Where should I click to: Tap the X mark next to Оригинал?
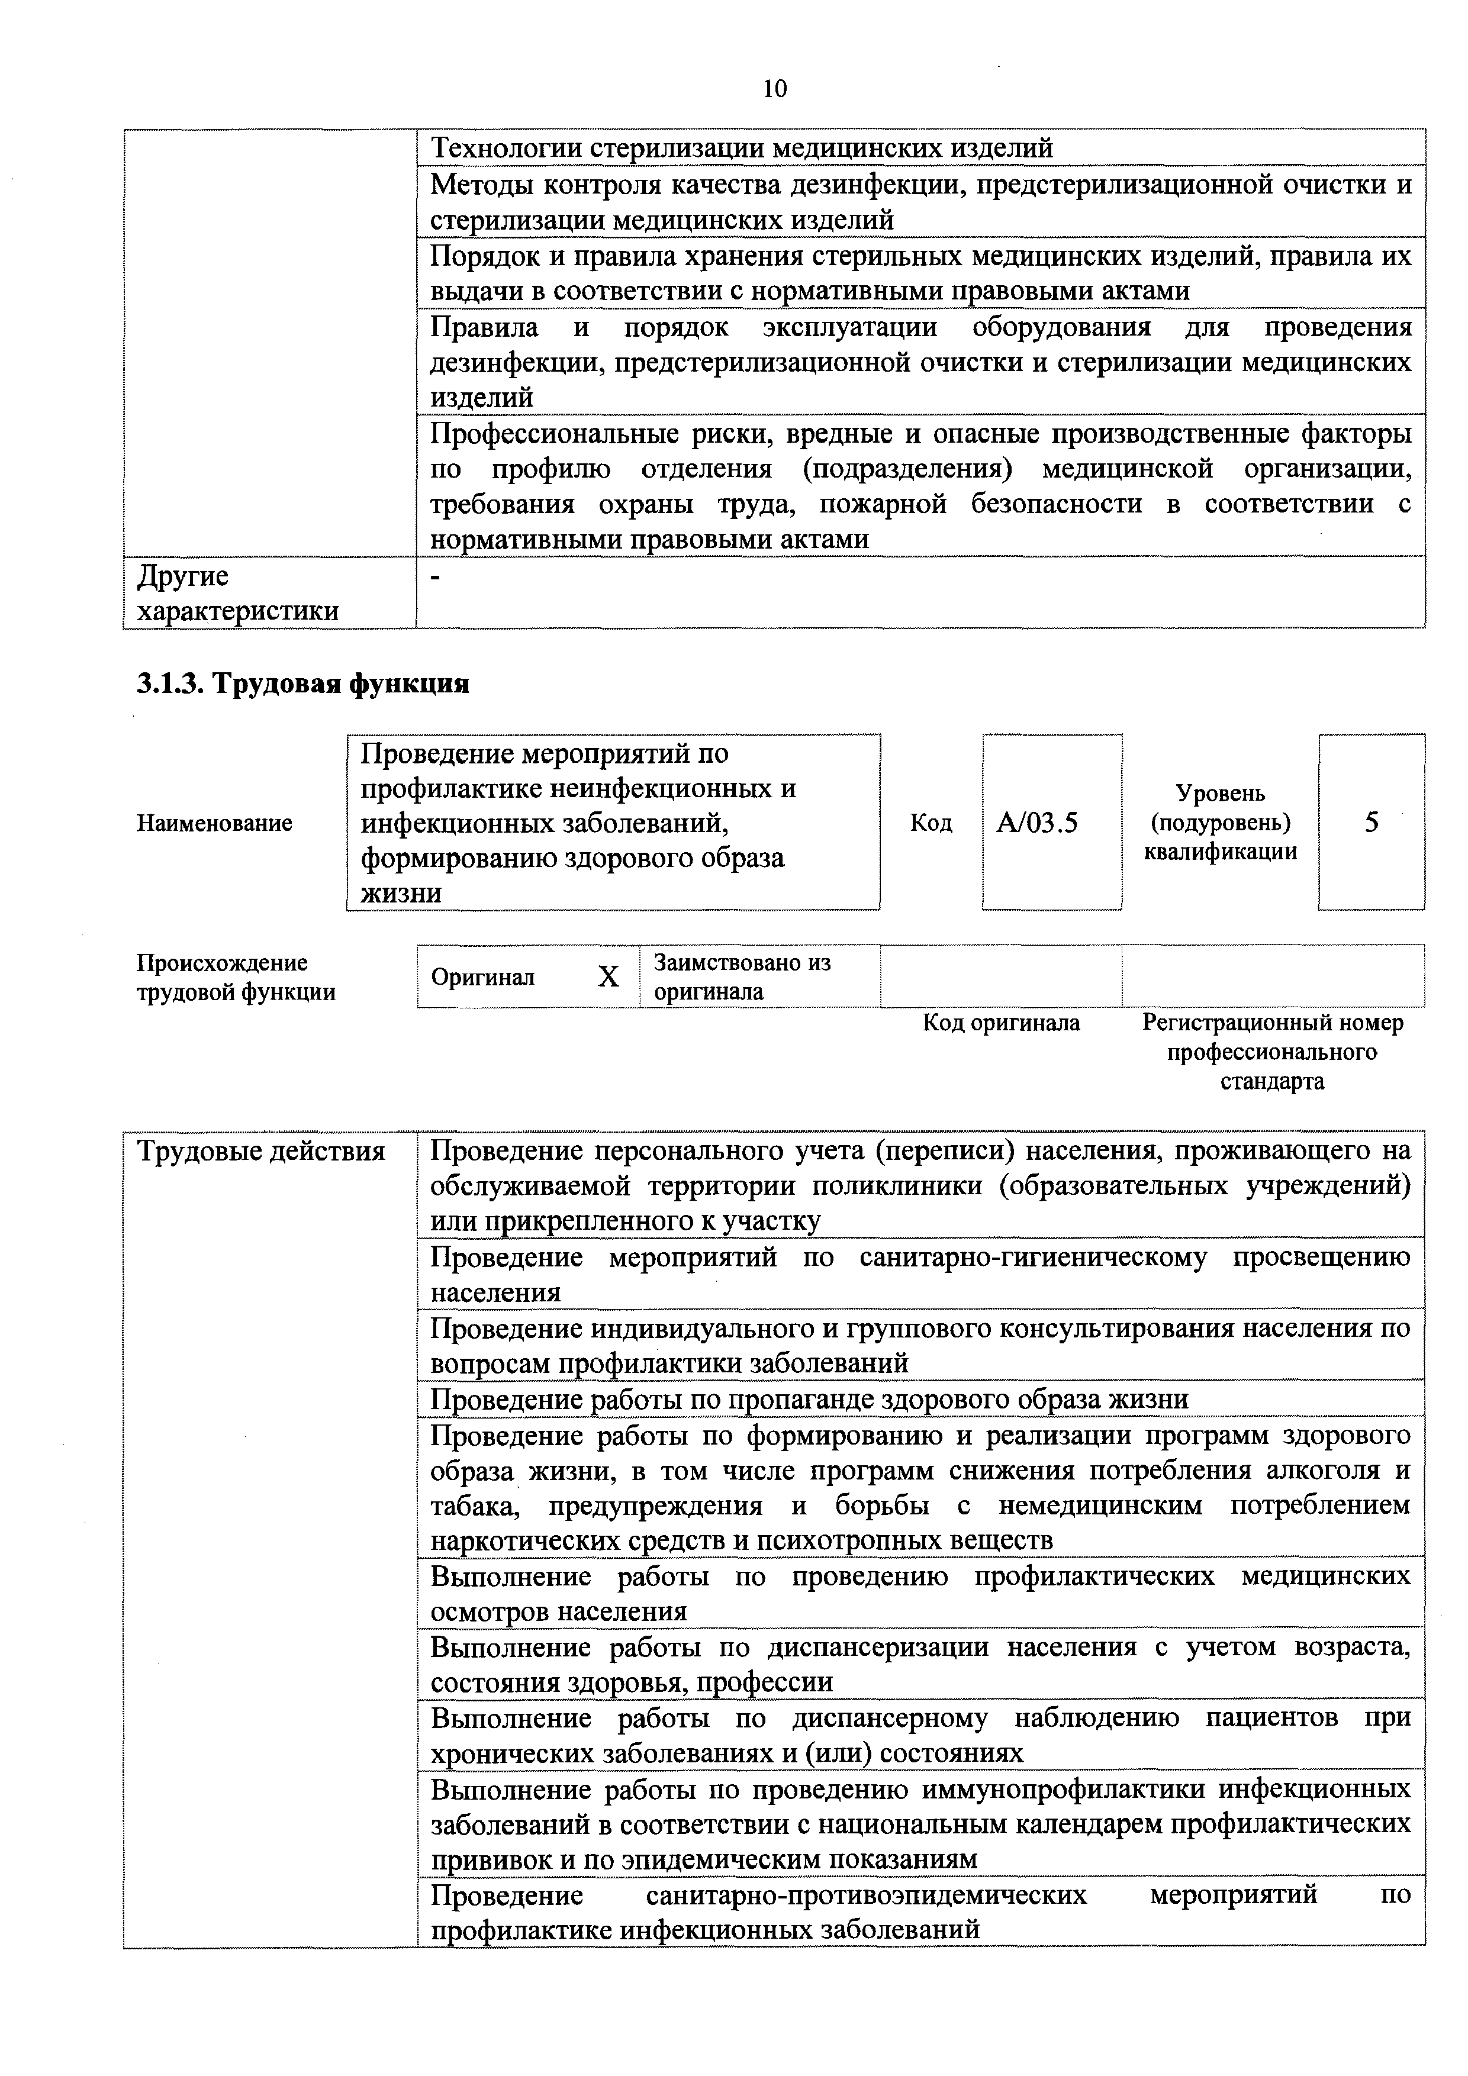pyautogui.click(x=609, y=976)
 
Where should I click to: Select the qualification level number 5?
pyautogui.click(x=1372, y=822)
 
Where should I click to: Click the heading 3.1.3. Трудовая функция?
pyautogui.click(x=303, y=684)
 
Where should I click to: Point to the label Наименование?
pyautogui.click(x=214, y=823)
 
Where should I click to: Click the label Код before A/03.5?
pyautogui.click(x=931, y=823)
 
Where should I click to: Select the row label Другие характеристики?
pyautogui.click(x=237, y=593)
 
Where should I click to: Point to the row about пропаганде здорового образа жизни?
pyautogui.click(x=809, y=1400)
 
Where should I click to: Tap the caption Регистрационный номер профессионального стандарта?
pyautogui.click(x=1273, y=1052)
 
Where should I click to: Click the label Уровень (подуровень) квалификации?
pyautogui.click(x=1220, y=822)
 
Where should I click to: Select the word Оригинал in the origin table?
pyautogui.click(x=483, y=978)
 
